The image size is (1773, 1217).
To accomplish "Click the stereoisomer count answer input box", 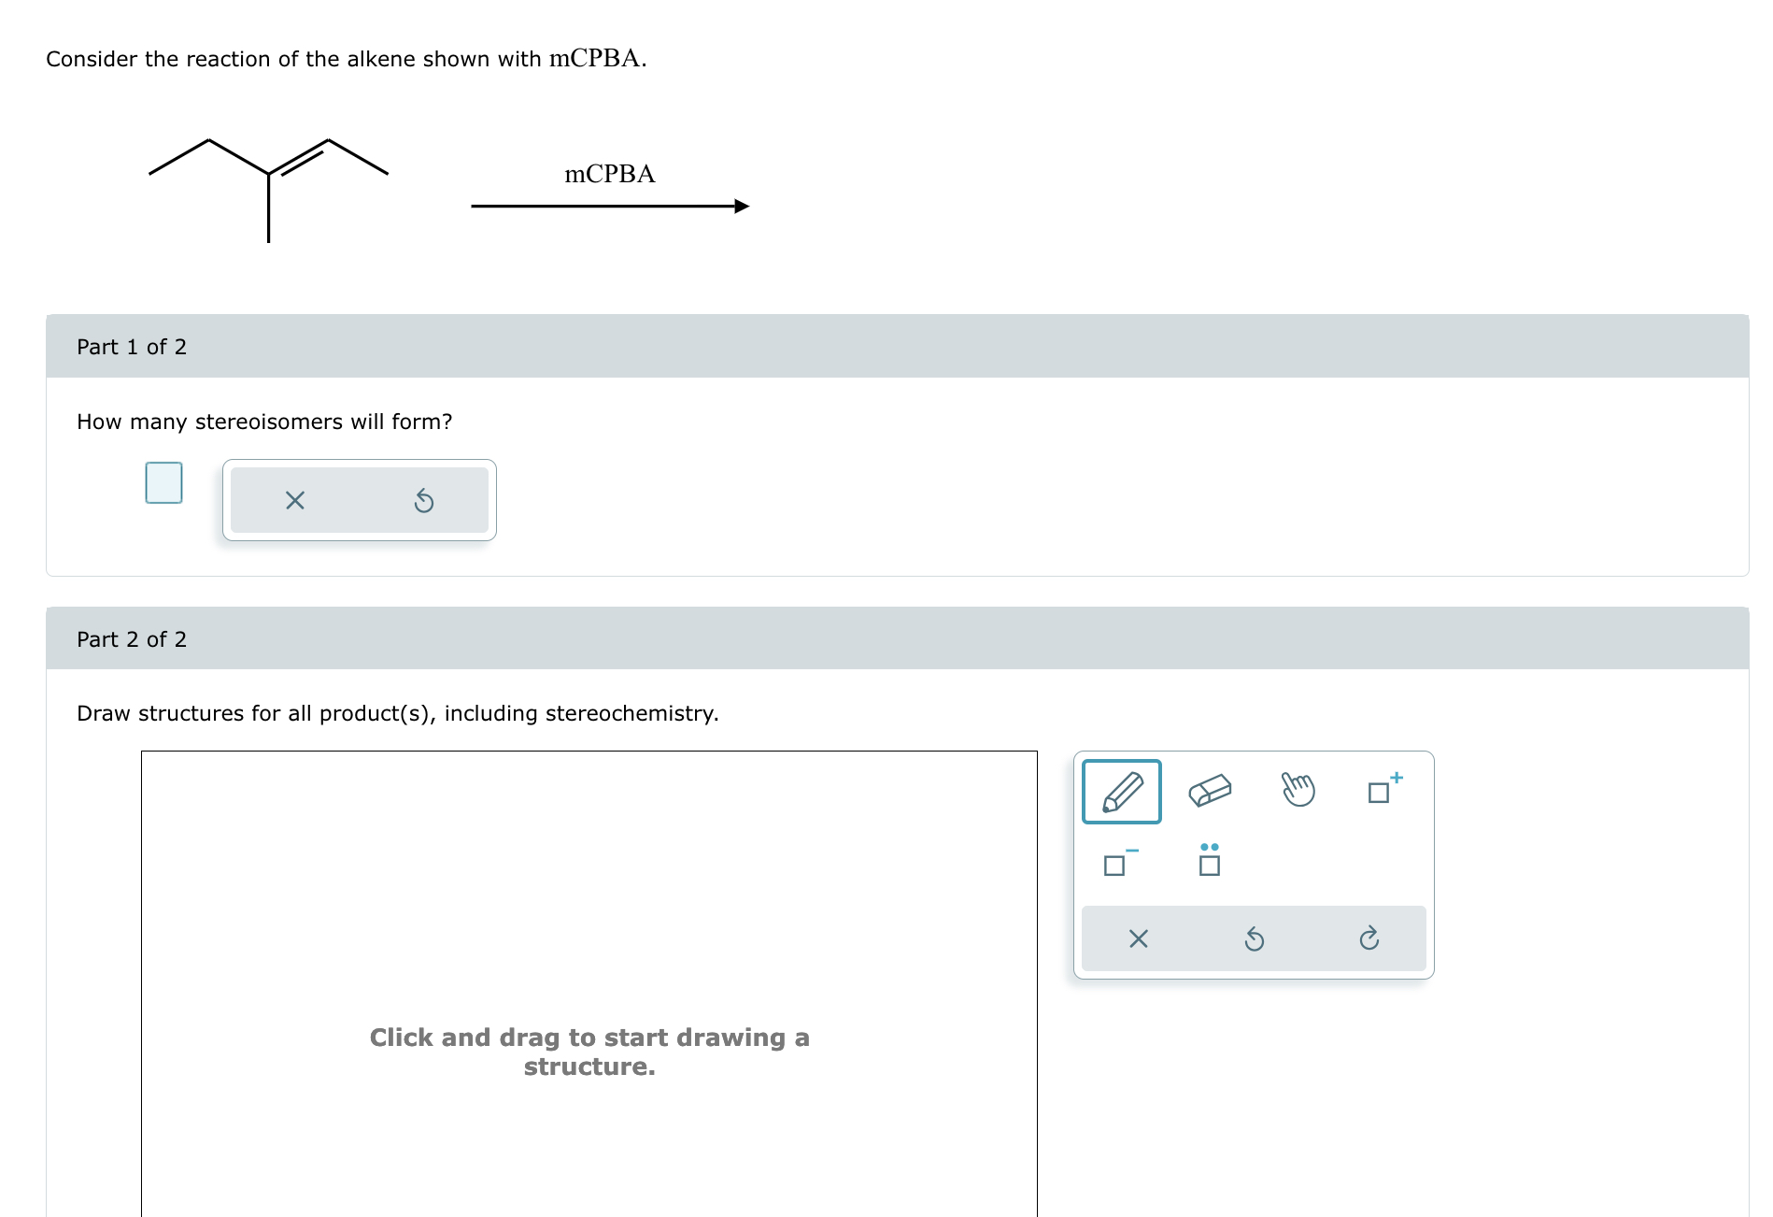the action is tap(163, 483).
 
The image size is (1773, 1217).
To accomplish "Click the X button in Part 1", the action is tap(294, 501).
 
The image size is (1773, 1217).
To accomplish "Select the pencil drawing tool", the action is tap(1121, 792).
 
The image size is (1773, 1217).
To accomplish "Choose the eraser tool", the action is tap(1210, 791).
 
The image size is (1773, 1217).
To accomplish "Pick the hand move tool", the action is tap(1298, 790).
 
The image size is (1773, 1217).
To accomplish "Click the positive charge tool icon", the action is tap(1383, 790).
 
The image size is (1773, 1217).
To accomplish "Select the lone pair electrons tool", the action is tap(1209, 861).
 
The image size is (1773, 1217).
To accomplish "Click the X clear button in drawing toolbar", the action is tap(1138, 938).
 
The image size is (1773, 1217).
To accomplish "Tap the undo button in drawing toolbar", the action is tap(1254, 938).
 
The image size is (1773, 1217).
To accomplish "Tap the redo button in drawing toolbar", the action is tap(1369, 938).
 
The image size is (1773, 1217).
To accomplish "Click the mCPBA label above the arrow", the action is tap(609, 174).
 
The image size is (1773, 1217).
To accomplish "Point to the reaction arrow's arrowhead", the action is tap(742, 207).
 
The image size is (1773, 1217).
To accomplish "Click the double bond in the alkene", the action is tap(299, 159).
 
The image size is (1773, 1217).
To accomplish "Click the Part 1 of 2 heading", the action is tap(132, 347).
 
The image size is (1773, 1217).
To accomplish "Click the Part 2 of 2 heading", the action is tap(132, 639).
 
